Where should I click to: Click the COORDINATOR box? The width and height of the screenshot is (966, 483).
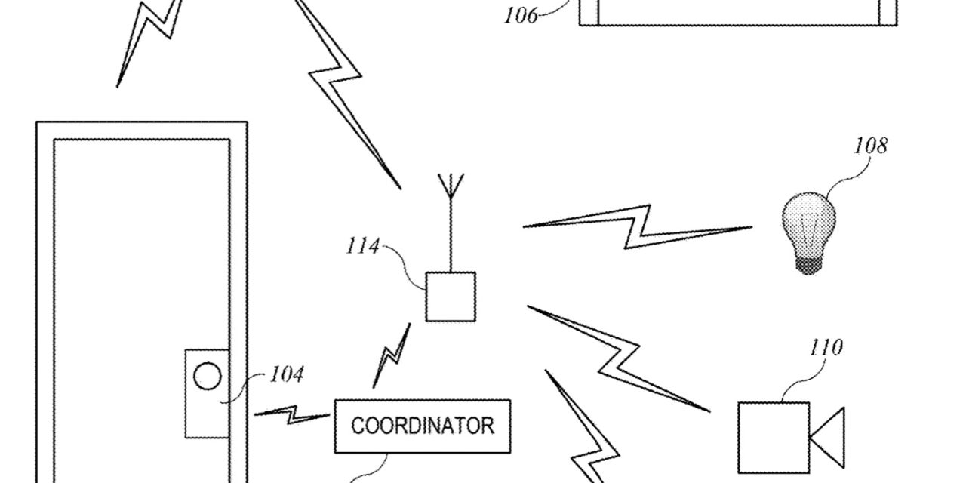423,426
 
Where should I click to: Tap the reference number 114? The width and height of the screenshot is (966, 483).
362,246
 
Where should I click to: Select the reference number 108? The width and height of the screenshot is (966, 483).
870,146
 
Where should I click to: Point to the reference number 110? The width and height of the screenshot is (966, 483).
826,348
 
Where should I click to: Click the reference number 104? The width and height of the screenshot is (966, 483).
287,374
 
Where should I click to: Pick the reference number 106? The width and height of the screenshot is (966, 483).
521,15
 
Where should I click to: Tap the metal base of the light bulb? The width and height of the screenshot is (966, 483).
808,264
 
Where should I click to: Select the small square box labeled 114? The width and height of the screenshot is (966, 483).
451,297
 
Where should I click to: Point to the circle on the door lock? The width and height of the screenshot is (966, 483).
208,376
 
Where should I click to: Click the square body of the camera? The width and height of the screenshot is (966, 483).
773,437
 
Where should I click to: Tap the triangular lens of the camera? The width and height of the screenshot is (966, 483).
829,437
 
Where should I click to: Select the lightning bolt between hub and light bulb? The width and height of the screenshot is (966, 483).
638,226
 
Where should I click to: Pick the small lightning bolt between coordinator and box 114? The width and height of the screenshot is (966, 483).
392,355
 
